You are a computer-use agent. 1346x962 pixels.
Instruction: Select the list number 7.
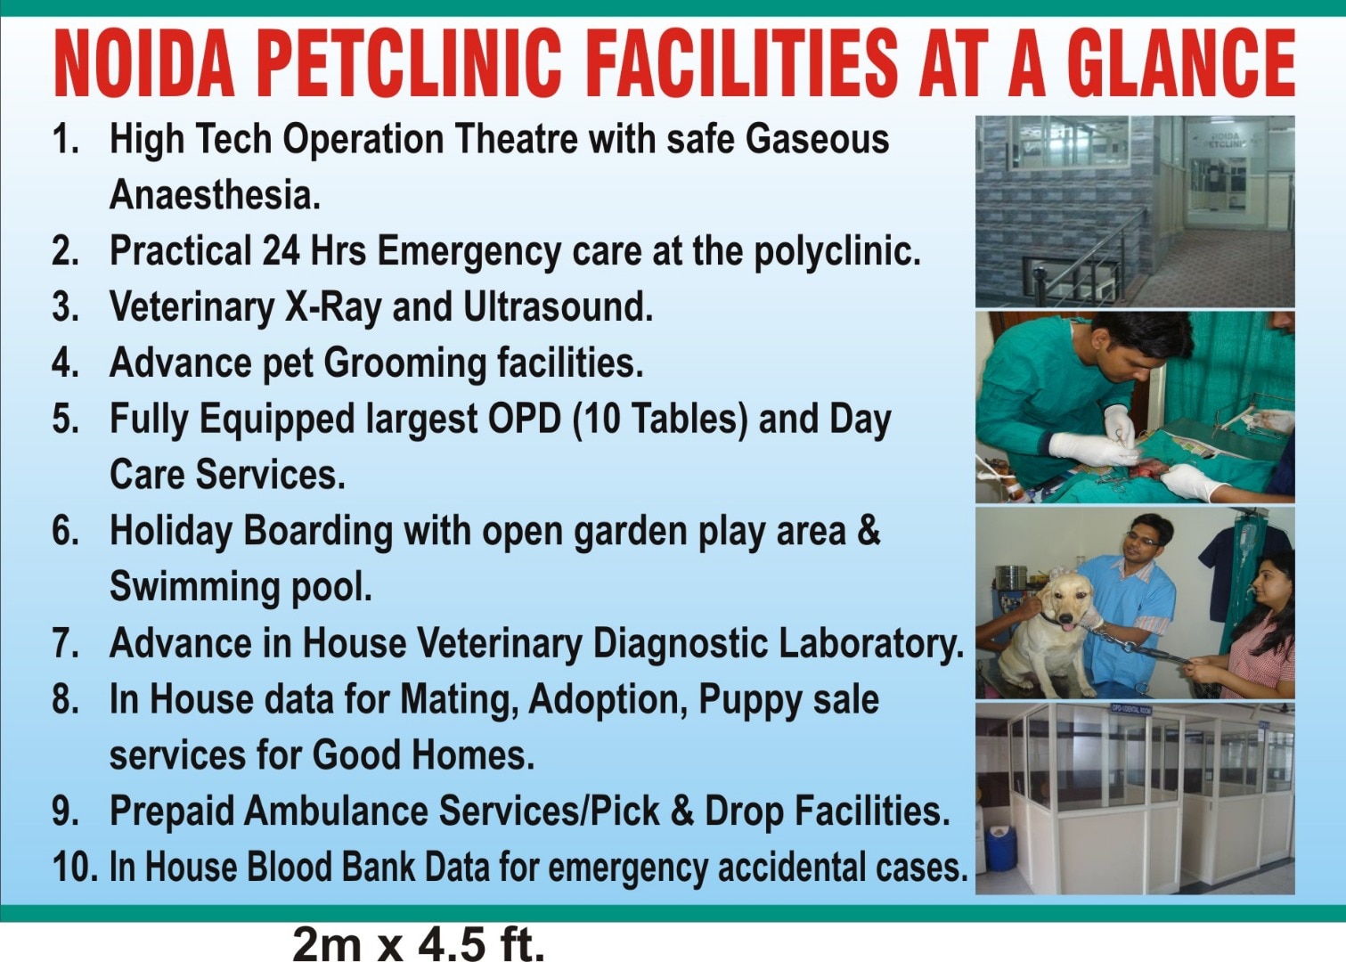tap(66, 643)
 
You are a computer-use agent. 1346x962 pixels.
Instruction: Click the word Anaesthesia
tap(215, 195)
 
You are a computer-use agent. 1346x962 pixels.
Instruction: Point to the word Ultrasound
tap(558, 307)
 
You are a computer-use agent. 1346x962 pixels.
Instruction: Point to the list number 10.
tap(75, 867)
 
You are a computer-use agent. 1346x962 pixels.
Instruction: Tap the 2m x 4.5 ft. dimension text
tap(418, 943)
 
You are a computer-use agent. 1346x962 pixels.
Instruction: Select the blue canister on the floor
tap(1000, 849)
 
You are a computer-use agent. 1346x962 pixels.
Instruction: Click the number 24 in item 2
tap(281, 250)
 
